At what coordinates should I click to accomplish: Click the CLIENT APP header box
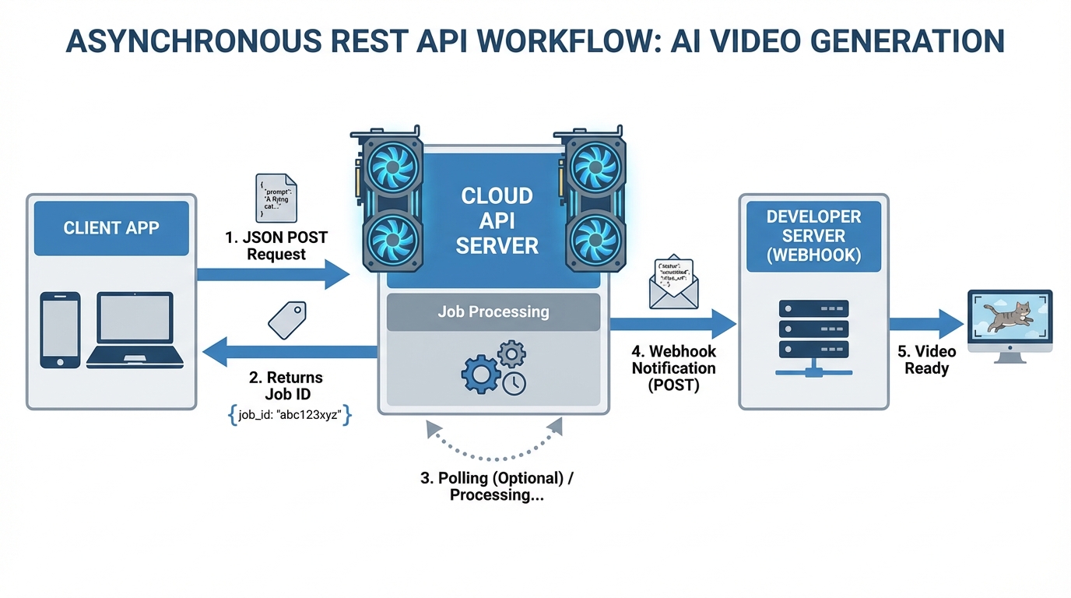[x=111, y=228]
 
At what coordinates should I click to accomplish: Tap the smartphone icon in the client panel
[x=61, y=330]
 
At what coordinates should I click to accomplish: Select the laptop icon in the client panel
[x=135, y=330]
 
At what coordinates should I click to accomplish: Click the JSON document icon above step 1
[x=276, y=198]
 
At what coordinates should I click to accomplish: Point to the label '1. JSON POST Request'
[x=276, y=246]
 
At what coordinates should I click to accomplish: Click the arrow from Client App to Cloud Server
[x=272, y=274]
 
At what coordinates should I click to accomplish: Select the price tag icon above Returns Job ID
[x=287, y=319]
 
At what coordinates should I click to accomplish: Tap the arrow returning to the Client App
[x=288, y=351]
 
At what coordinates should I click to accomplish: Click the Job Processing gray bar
[x=493, y=312]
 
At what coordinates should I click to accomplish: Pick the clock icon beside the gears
[x=514, y=383]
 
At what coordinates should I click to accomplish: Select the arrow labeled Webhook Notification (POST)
[x=672, y=323]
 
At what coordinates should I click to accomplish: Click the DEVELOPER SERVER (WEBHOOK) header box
[x=813, y=237]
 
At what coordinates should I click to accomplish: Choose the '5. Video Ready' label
[x=926, y=360]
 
